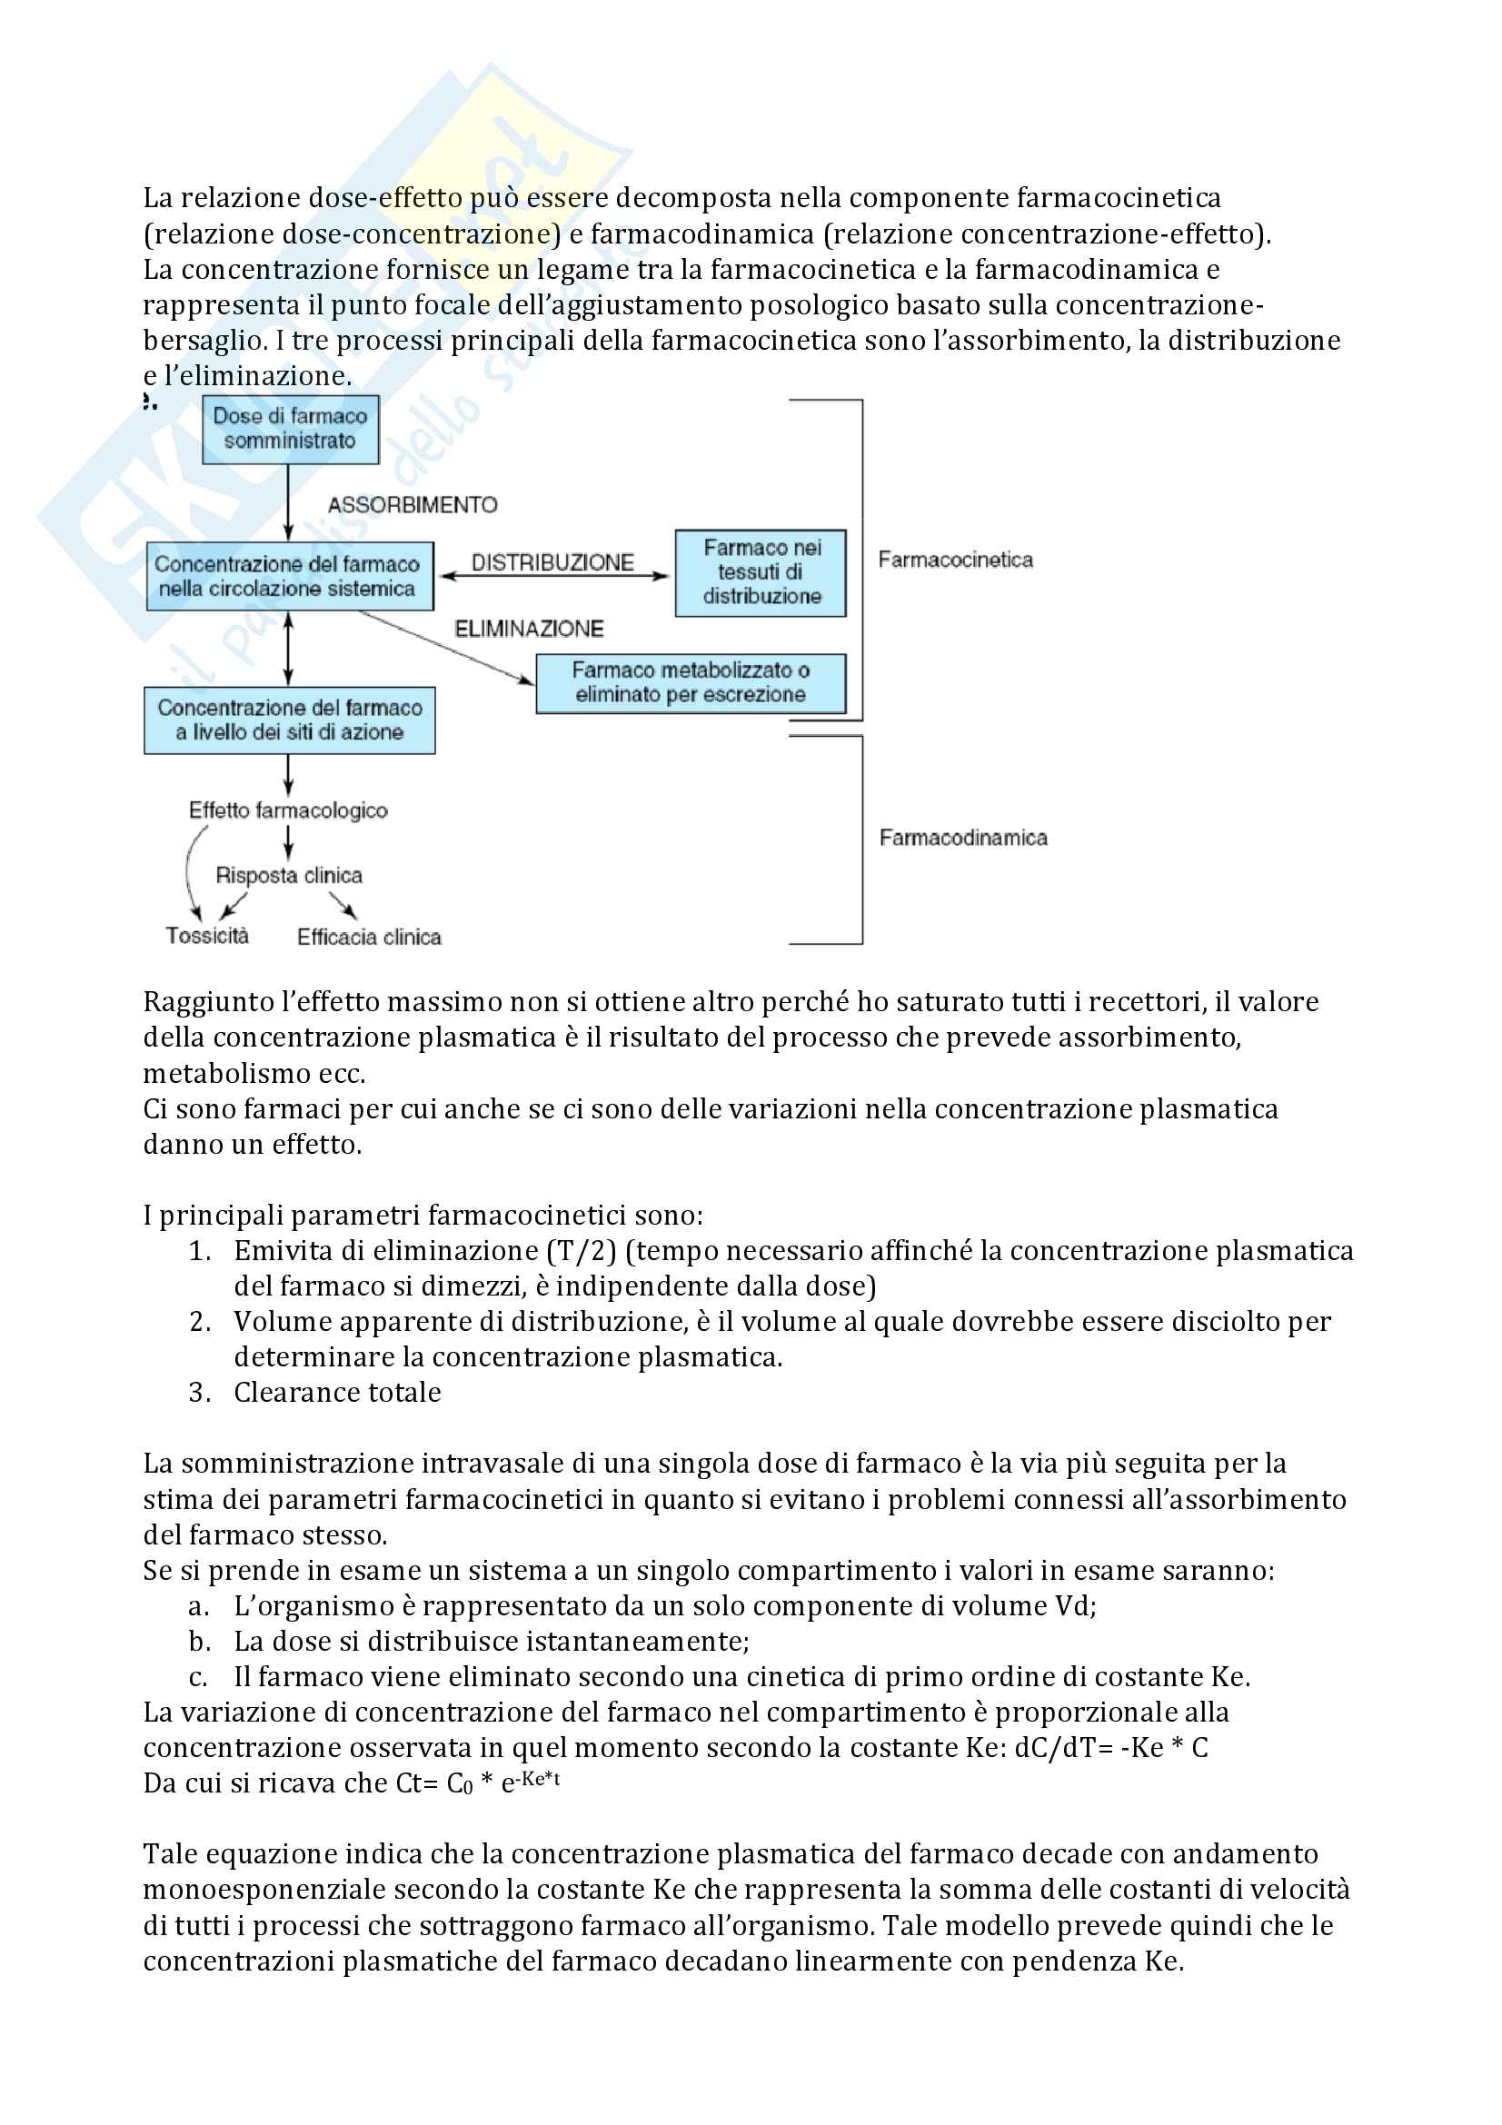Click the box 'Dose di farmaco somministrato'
coord(290,429)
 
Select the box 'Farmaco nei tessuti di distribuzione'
coord(761,572)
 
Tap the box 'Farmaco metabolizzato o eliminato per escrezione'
coord(691,683)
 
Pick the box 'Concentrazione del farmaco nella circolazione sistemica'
coord(289,577)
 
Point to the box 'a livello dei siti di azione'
coord(289,720)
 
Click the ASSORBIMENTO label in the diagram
coord(413,505)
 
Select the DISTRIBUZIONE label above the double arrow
coord(552,562)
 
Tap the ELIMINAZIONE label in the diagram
coord(529,630)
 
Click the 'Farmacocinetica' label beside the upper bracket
coord(955,560)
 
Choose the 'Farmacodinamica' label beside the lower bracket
coord(962,838)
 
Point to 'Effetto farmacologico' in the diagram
coord(288,810)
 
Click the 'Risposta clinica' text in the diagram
coord(289,876)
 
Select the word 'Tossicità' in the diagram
coord(207,936)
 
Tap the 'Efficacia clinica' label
coord(368,938)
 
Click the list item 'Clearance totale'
coord(337,1392)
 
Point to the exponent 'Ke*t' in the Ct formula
coord(541,1779)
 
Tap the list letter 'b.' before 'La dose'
coord(200,1641)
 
